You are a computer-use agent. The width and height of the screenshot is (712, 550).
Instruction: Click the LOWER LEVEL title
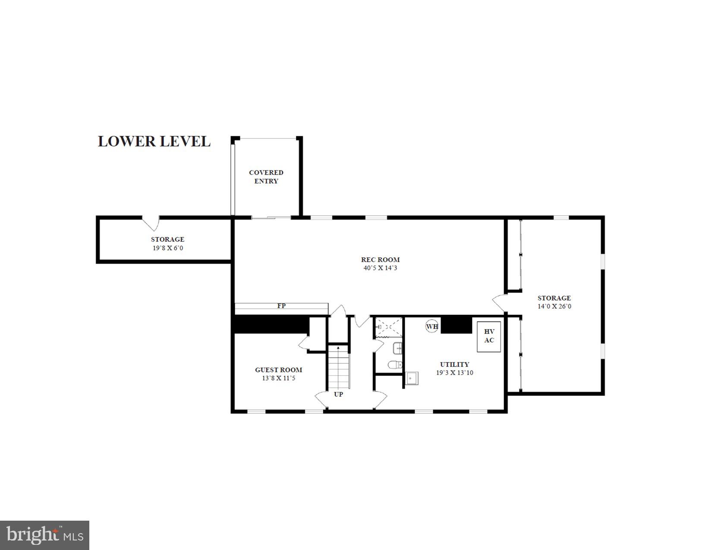[154, 141]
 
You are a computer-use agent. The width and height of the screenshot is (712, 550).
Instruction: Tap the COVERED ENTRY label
[266, 177]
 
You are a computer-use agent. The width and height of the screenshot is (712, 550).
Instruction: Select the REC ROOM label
[380, 259]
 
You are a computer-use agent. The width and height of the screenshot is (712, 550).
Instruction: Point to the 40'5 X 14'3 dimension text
[380, 268]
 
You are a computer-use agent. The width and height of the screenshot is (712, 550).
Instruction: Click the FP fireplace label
[281, 306]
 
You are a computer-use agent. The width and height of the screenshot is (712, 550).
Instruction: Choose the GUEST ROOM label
[278, 370]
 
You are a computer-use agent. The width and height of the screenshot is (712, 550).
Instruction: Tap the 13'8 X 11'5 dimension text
[278, 378]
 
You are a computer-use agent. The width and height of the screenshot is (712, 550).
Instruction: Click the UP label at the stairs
[338, 394]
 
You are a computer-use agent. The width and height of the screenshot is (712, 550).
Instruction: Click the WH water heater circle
[432, 326]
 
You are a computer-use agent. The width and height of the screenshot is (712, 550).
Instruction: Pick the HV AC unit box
[489, 336]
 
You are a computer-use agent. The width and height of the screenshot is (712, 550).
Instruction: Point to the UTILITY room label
[454, 365]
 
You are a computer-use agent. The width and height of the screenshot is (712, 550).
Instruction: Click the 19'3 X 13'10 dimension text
[454, 373]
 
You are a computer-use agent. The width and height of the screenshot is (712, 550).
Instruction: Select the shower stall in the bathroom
[388, 327]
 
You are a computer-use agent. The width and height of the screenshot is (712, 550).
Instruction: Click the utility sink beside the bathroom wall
[412, 378]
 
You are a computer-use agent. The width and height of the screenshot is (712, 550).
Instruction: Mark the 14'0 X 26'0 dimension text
[554, 307]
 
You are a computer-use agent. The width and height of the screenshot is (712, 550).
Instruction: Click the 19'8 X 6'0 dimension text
[168, 248]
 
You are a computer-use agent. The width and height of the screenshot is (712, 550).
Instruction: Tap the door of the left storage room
[151, 223]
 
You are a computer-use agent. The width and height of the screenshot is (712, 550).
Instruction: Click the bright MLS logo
[45, 535]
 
